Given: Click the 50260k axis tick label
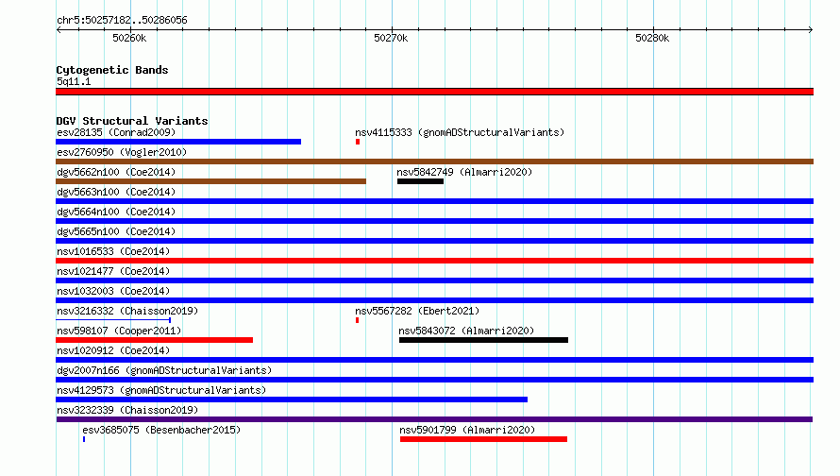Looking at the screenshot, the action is [129, 38].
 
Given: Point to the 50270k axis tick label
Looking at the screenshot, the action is [391, 38].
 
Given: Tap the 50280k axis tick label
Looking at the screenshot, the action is [652, 38].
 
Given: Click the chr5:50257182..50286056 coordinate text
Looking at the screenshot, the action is [122, 21].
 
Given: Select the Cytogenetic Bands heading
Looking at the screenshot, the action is [112, 70].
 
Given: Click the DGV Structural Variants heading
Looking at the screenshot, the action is [132, 121].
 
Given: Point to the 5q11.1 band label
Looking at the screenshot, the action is [74, 81].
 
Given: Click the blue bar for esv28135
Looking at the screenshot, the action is [178, 142].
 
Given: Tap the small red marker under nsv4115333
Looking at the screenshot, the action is [358, 142].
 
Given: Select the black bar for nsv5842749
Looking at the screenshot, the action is [421, 181].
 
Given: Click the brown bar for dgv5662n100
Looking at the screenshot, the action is [211, 181].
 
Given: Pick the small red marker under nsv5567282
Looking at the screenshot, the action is [358, 320].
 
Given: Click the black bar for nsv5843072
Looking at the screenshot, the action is [484, 340].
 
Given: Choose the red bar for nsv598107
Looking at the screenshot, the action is [154, 340].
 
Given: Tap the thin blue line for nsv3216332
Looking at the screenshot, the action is [113, 320].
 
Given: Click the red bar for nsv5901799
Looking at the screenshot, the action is [484, 439].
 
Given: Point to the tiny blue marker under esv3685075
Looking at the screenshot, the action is [84, 439].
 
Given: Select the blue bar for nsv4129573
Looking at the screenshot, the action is [292, 399].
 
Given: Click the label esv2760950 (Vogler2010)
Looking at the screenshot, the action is [122, 152].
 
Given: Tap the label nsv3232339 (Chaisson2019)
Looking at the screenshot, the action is [127, 410].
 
